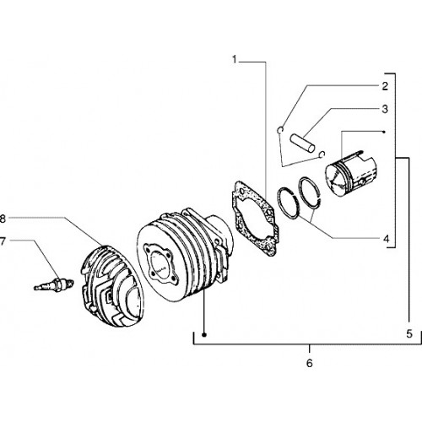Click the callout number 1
[235, 60]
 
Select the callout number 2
[385, 86]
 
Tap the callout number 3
[385, 109]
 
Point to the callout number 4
[386, 239]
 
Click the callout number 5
[409, 333]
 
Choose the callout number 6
[309, 363]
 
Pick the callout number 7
[3, 241]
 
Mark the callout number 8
[3, 219]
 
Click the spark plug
[53, 284]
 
